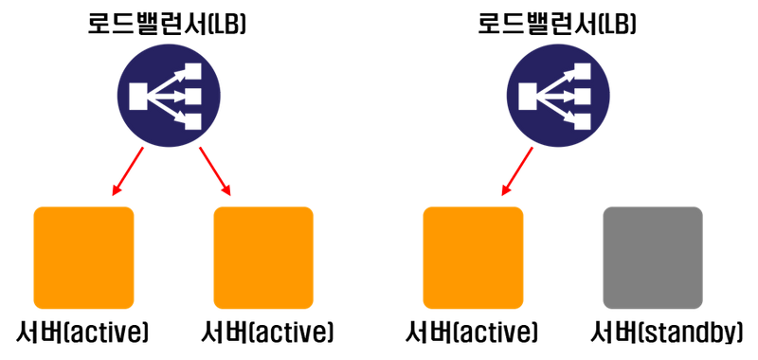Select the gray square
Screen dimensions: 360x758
653,258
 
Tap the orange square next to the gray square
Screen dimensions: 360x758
473,258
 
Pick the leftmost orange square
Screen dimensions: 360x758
84,258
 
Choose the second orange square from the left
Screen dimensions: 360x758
263,258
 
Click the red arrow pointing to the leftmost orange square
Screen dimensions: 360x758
127,172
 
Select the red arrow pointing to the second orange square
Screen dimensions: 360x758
215,172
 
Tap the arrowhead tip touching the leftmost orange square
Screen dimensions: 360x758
112,198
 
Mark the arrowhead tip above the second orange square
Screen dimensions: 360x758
230,198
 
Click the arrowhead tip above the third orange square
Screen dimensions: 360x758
502,198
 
